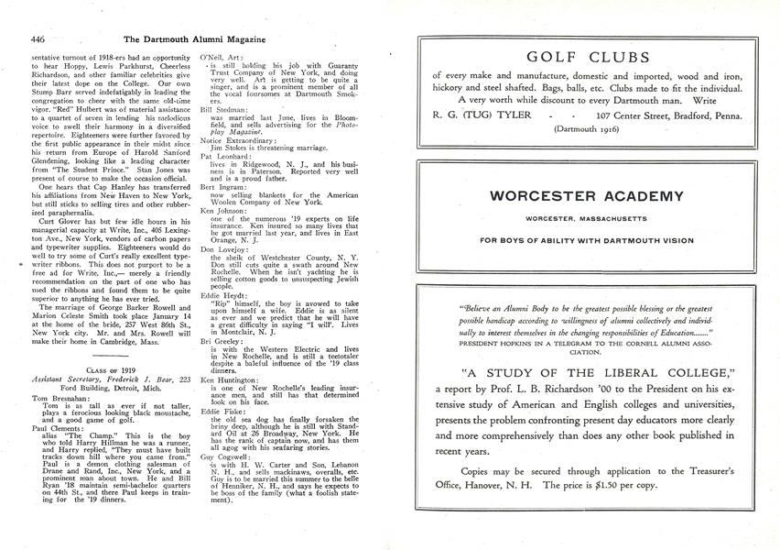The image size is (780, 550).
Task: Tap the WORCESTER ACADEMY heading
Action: (587, 195)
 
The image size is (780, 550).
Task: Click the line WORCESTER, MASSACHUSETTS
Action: (587, 218)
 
